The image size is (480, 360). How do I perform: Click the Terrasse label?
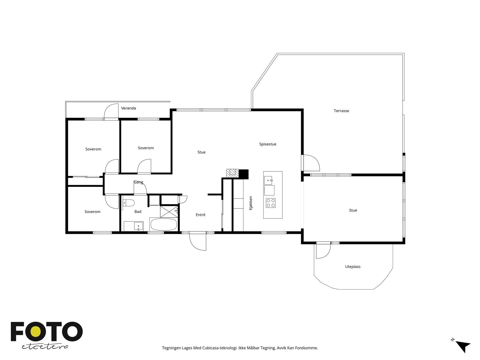pyautogui.click(x=341, y=111)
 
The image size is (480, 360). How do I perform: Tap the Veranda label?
pyautogui.click(x=128, y=108)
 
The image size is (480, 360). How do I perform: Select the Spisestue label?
pyautogui.click(x=268, y=144)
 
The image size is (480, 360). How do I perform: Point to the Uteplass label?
pyautogui.click(x=352, y=267)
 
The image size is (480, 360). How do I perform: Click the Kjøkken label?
pyautogui.click(x=250, y=203)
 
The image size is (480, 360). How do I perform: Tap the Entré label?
pyautogui.click(x=200, y=215)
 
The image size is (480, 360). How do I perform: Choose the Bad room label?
pyautogui.click(x=138, y=211)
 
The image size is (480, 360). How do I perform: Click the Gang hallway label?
pyautogui.click(x=138, y=182)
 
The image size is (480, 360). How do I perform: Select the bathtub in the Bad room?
pyautogui.click(x=164, y=224)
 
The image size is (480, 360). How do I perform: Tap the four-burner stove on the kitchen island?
pyautogui.click(x=271, y=203)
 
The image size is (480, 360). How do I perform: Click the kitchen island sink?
pyautogui.click(x=268, y=180)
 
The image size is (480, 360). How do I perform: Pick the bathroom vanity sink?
pyautogui.click(x=138, y=226)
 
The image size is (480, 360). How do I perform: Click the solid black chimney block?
pyautogui.click(x=244, y=174)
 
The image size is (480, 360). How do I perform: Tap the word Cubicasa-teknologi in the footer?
pyautogui.click(x=220, y=348)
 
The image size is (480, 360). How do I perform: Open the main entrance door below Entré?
pyautogui.click(x=198, y=241)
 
